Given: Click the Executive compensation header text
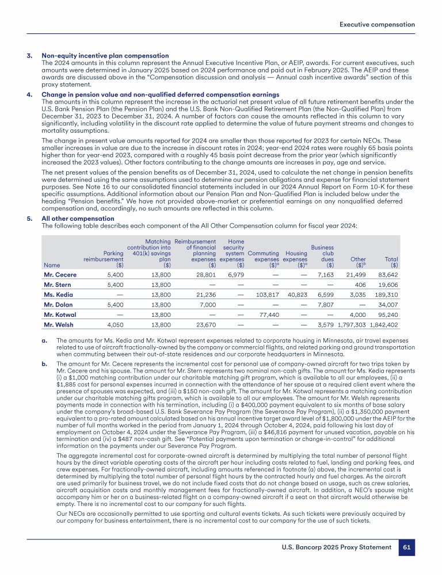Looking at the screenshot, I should [377, 24].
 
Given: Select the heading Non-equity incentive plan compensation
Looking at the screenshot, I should [105, 55].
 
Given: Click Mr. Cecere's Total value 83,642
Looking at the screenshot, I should [386, 275].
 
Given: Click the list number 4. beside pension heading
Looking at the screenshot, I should [29, 94].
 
